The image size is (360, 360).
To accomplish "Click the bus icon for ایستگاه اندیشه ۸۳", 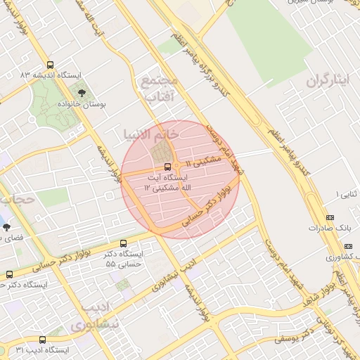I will (49, 64).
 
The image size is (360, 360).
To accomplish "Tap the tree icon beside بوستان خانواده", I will (82, 92).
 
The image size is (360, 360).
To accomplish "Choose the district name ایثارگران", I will (327, 80).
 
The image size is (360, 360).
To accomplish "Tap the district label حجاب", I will (15, 200).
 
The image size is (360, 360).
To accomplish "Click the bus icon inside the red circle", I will (167, 167).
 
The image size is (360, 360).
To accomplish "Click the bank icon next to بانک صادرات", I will (330, 217).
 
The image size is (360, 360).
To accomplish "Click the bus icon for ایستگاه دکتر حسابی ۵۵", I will (124, 243).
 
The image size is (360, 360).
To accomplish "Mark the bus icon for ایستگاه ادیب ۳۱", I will (42, 340).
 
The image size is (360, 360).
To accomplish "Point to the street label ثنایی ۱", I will (347, 193).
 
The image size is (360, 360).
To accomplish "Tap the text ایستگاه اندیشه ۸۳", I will (56, 75).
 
